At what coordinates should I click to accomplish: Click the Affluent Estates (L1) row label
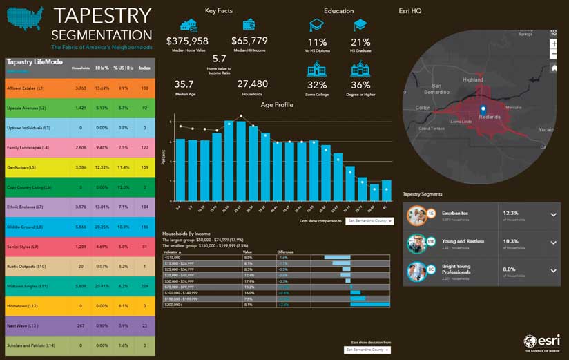point(26,88)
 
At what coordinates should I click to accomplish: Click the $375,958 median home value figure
point(187,41)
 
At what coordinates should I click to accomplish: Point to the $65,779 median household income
point(249,41)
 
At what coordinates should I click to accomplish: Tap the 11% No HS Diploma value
point(318,43)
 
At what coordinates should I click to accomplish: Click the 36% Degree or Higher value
point(360,85)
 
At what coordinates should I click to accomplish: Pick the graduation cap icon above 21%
point(360,25)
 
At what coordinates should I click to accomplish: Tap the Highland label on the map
point(473,79)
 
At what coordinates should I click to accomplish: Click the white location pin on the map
point(483,108)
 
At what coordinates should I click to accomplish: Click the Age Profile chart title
point(276,104)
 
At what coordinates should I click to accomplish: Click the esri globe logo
point(530,341)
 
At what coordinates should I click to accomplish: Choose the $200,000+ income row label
point(175,304)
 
